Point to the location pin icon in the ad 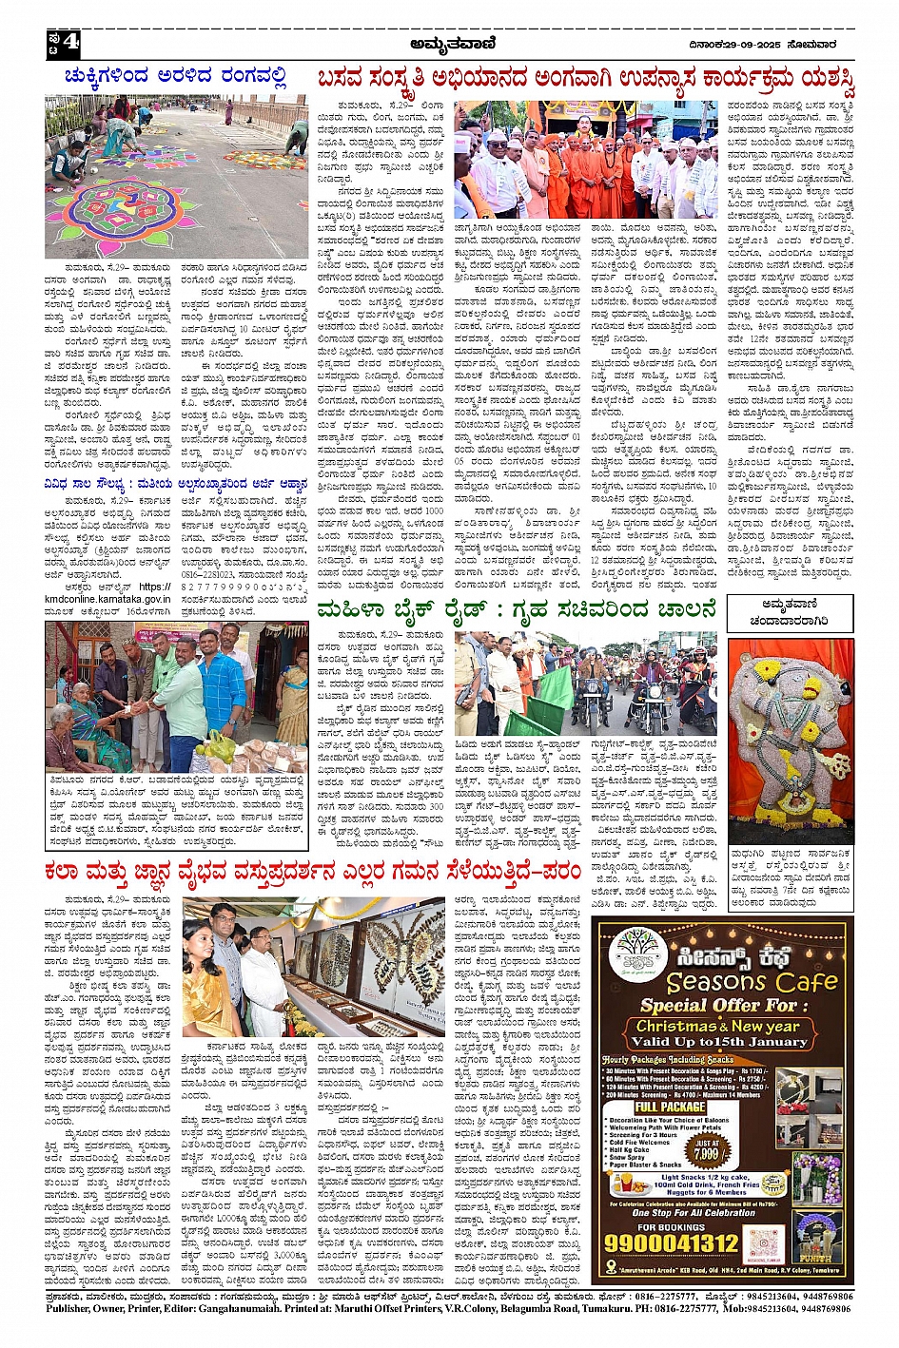pyautogui.click(x=611, y=1267)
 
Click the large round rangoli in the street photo pyautogui.click(x=107, y=203)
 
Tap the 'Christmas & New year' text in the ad pyautogui.click(x=718, y=1026)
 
